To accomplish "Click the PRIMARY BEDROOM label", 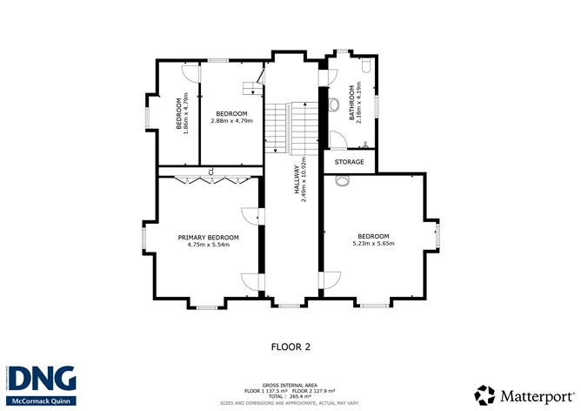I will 208,237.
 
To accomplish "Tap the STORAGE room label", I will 350,161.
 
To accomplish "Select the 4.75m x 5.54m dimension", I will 208,245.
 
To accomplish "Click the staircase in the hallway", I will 288,125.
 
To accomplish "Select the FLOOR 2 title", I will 290,346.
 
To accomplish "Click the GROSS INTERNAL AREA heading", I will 290,383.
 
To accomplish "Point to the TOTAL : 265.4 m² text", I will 290,395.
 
